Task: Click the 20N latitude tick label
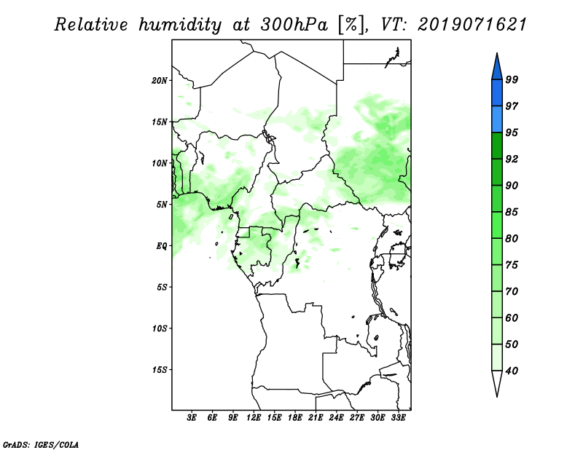(159, 81)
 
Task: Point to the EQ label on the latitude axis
(161, 246)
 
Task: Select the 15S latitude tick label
(160, 370)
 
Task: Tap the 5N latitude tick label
(162, 205)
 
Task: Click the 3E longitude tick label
(192, 417)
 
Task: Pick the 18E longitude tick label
(295, 417)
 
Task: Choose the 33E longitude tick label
(398, 417)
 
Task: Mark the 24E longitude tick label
(336, 417)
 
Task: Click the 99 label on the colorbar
(512, 79)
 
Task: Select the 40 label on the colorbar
(512, 371)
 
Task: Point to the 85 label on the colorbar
(512, 212)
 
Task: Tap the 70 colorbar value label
(512, 291)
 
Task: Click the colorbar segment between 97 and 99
(497, 93)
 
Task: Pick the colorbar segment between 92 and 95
(497, 146)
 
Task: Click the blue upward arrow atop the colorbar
(497, 66)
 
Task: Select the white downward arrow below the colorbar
(497, 384)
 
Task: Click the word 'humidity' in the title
(180, 25)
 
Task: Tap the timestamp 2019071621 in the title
(472, 25)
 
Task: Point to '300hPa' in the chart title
(294, 25)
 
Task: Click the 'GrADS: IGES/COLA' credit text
(41, 444)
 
